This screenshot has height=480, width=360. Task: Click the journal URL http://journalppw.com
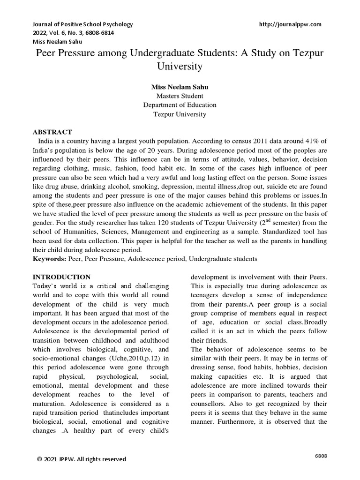tap(290, 24)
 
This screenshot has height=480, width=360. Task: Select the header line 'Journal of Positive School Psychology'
tap(82, 24)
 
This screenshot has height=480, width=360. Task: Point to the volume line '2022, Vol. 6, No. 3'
tap(60, 33)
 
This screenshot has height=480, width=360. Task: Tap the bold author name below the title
tap(180, 87)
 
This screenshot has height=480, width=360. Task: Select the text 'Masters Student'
tap(180, 96)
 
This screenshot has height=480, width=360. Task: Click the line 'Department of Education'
tap(180, 105)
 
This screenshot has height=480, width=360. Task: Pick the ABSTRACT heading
tap(52, 132)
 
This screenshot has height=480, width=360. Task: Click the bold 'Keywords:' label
tap(49, 258)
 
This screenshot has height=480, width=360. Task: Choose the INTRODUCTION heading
tap(61, 277)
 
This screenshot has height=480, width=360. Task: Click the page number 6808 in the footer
tap(320, 456)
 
